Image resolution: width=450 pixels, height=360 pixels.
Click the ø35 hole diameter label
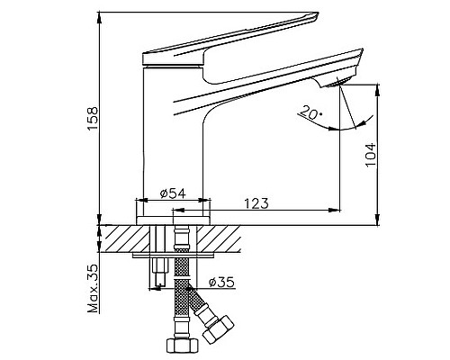(x=221, y=283)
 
